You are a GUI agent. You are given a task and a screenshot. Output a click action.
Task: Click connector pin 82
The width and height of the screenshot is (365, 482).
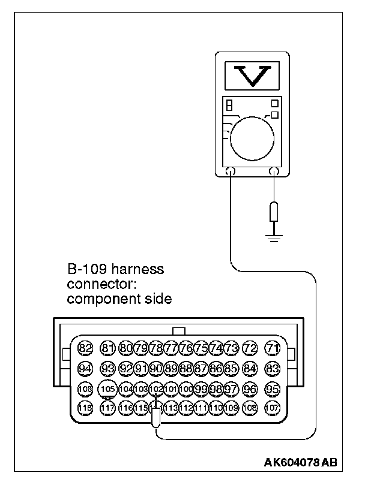click(x=85, y=348)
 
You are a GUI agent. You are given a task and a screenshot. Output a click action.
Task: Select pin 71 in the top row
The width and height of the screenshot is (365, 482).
click(x=273, y=348)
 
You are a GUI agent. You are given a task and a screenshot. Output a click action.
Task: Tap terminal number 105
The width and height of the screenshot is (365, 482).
click(x=107, y=389)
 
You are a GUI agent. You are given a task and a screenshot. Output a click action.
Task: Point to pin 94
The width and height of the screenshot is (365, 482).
click(x=85, y=368)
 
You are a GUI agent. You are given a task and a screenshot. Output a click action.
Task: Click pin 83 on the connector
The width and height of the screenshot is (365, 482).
click(x=273, y=368)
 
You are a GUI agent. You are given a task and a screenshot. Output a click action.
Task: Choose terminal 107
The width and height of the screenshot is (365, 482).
click(x=273, y=408)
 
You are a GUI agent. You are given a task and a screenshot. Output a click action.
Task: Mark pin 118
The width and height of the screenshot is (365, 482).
click(x=85, y=408)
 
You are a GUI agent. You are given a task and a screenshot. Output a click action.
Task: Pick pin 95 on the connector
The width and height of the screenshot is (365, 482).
click(x=273, y=388)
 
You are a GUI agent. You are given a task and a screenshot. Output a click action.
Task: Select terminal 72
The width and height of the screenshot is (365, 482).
click(x=250, y=348)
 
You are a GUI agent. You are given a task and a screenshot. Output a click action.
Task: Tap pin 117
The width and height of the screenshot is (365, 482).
click(x=107, y=408)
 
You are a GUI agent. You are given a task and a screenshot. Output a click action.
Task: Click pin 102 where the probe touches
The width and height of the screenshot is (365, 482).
click(x=155, y=389)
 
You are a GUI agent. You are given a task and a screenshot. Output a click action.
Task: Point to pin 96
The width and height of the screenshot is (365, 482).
click(x=250, y=388)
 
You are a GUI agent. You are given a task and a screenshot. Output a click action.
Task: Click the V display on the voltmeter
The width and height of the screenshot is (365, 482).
click(x=252, y=75)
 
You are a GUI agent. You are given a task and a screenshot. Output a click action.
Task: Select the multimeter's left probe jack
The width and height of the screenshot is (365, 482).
click(x=230, y=171)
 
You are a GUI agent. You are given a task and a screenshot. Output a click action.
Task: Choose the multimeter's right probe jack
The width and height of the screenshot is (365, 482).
click(x=274, y=171)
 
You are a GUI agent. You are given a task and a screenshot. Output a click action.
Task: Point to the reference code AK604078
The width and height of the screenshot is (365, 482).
click(x=291, y=463)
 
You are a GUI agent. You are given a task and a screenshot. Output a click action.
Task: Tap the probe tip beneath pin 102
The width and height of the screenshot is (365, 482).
click(x=156, y=418)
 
